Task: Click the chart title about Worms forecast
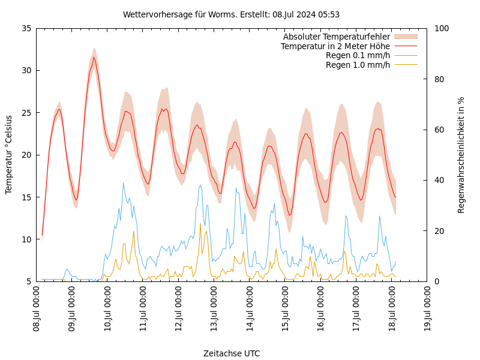click(231, 14)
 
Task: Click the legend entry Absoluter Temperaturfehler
click(336, 37)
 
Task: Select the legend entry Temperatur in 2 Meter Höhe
click(335, 46)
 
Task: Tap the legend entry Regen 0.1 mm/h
click(358, 55)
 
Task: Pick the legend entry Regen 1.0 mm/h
click(358, 65)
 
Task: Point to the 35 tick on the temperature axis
click(26, 28)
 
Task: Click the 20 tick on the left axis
click(26, 155)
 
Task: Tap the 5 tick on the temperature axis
click(28, 281)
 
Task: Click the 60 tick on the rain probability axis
click(439, 130)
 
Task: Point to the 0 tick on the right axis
click(436, 281)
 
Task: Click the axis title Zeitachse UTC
click(231, 353)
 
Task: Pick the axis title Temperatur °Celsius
click(9, 154)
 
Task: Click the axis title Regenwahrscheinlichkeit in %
click(461, 154)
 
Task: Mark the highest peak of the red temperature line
click(94, 58)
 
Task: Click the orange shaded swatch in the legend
click(405, 37)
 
